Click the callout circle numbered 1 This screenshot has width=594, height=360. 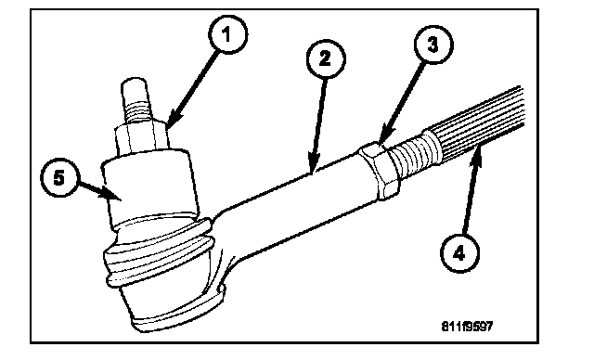click(227, 35)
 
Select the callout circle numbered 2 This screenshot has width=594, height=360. click(326, 59)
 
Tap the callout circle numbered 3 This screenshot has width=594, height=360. click(433, 45)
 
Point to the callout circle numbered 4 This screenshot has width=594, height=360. click(459, 253)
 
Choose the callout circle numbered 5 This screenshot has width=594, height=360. click(59, 178)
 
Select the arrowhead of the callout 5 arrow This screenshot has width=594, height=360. click(110, 193)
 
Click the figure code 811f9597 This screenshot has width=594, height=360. click(467, 326)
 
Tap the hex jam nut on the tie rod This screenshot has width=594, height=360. click(379, 171)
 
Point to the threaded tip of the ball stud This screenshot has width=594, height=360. click(135, 100)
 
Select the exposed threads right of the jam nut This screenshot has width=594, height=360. click(415, 157)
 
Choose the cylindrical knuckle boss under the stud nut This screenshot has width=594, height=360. click(149, 187)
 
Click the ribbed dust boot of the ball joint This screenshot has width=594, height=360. click(157, 251)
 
